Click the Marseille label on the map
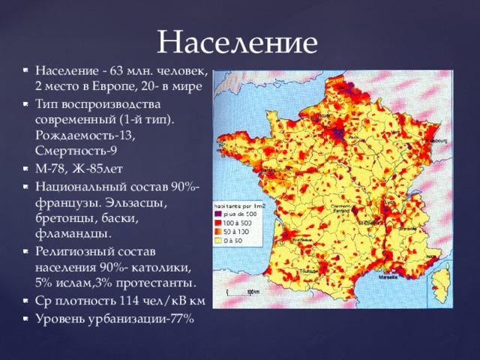(389, 276)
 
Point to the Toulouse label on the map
(308, 270)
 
